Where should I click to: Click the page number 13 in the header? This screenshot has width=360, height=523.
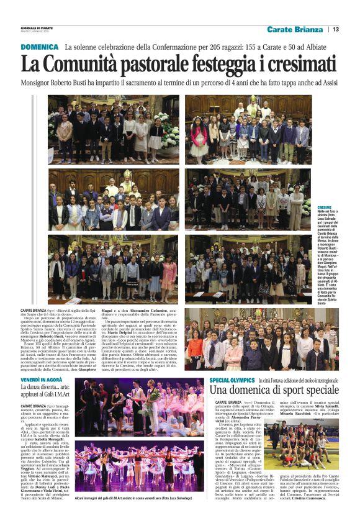(x=336, y=29)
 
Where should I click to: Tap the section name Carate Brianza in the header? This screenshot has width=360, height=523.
(x=295, y=29)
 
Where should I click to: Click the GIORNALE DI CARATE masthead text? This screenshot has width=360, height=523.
(x=36, y=27)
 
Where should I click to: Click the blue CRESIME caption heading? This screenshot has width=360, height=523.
(x=325, y=207)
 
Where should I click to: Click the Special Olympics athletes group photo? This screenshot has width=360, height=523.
(x=302, y=440)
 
